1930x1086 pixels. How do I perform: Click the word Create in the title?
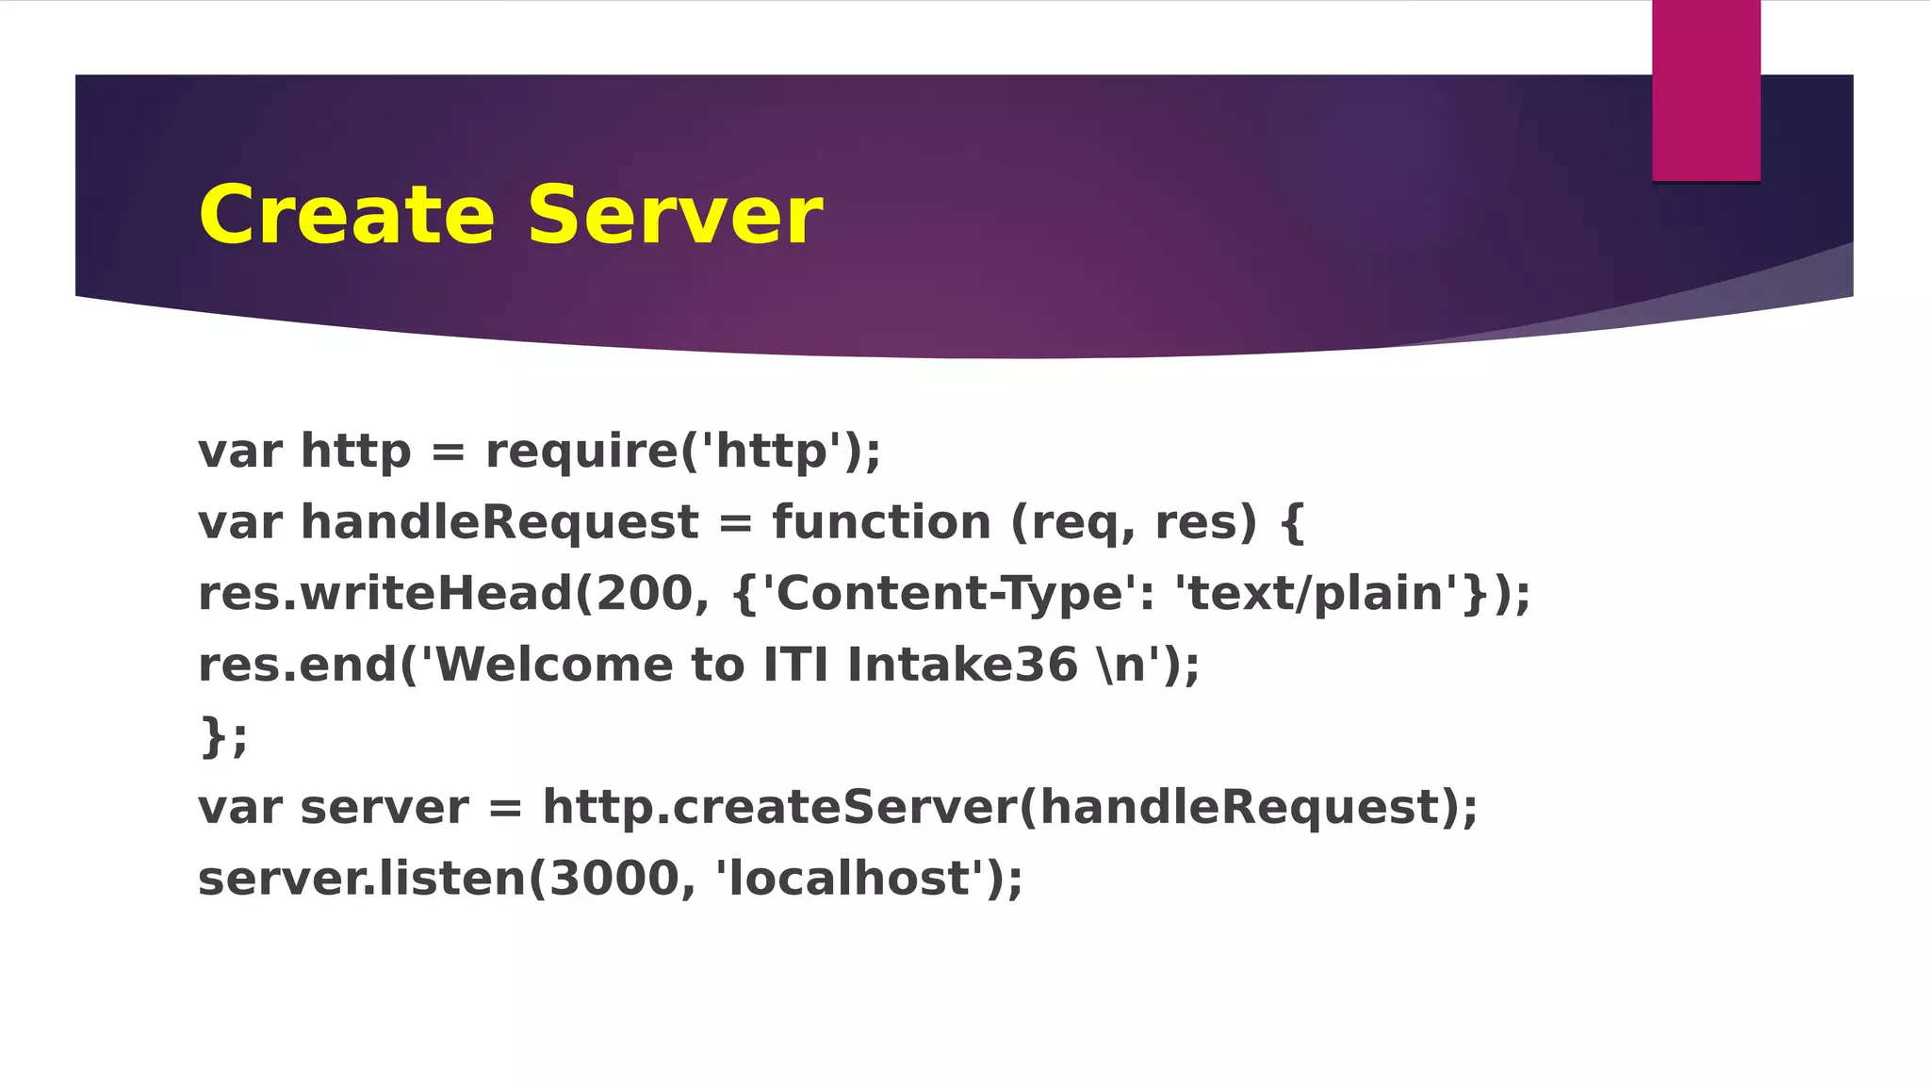[346, 216]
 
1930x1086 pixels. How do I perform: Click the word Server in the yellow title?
[675, 216]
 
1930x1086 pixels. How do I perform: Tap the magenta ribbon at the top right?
[1706, 90]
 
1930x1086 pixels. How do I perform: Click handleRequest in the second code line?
[499, 522]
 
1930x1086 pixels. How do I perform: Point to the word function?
[881, 522]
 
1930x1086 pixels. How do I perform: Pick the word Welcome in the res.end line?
[554, 665]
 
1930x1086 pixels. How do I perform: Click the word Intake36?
[961, 665]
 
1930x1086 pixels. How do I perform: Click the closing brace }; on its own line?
[223, 736]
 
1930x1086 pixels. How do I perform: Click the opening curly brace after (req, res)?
[1292, 522]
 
